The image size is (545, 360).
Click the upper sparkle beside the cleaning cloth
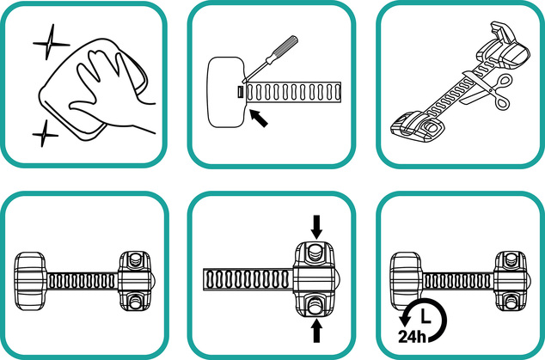pyautogui.click(x=51, y=43)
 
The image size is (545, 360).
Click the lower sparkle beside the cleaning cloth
pyautogui.click(x=45, y=134)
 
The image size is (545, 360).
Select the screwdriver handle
pyautogui.click(x=285, y=49)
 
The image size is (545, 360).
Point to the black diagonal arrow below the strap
pyautogui.click(x=259, y=119)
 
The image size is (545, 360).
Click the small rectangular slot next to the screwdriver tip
pyautogui.click(x=240, y=93)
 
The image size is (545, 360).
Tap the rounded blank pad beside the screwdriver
pyautogui.click(x=226, y=92)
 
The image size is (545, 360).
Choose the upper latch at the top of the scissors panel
pyautogui.click(x=504, y=47)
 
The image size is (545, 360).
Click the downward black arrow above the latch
pyautogui.click(x=316, y=227)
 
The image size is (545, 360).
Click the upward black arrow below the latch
pyautogui.click(x=316, y=331)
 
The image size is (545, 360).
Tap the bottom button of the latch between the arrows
pyautogui.click(x=315, y=306)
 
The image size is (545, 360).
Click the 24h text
pyautogui.click(x=412, y=336)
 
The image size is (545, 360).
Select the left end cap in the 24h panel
pyautogui.click(x=406, y=281)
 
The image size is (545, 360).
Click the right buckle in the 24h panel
pyautogui.click(x=511, y=281)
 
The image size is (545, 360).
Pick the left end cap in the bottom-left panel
pyautogui.click(x=30, y=281)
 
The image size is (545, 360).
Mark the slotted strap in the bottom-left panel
pyautogui.click(x=83, y=281)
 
